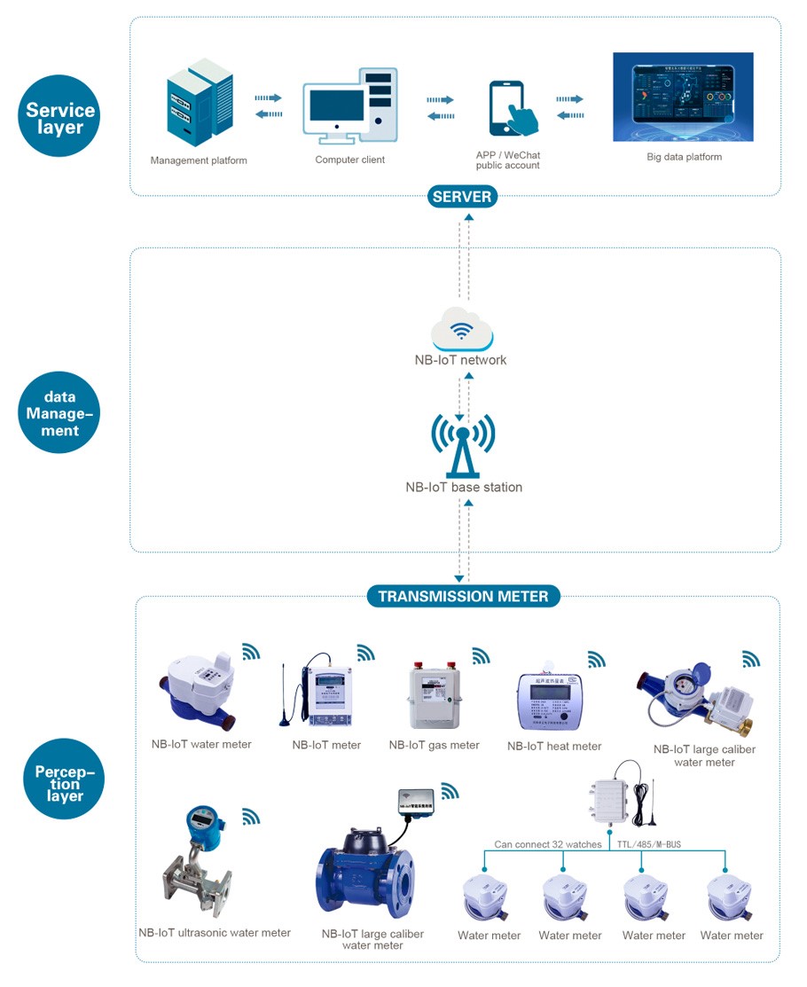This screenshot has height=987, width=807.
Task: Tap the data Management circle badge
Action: coord(60,413)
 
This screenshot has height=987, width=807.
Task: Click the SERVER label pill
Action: coord(462,196)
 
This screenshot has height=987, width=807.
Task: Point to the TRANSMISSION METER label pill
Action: coord(463,596)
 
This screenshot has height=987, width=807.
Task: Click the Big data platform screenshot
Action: coord(683,97)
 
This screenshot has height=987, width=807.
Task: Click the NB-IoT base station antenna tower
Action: coord(463,444)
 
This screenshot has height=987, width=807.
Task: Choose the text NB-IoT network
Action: coord(461,360)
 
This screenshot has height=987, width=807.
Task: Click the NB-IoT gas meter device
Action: coord(435,696)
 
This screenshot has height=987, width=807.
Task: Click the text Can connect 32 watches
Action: coord(548,844)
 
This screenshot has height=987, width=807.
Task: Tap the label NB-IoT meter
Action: coord(326,745)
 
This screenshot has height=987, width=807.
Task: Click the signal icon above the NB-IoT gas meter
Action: coord(481,656)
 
